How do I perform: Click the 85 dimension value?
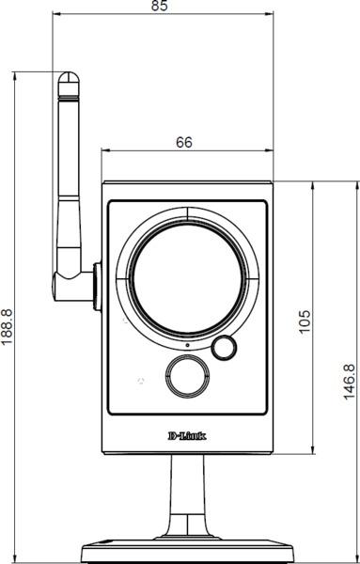click(159, 6)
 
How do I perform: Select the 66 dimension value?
click(184, 143)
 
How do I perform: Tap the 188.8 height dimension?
click(7, 326)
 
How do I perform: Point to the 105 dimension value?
click(305, 321)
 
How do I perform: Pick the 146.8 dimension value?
click(349, 382)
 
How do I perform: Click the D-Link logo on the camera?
click(187, 436)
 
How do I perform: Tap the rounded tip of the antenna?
click(69, 77)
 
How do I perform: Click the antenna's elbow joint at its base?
click(69, 285)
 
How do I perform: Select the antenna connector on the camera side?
click(97, 287)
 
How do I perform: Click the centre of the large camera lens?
click(187, 279)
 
